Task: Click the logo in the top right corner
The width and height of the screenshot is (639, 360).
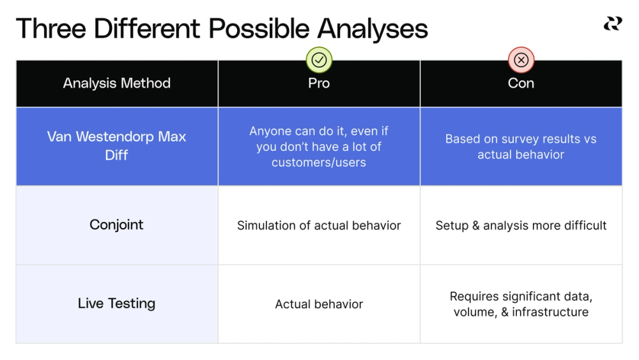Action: click(612, 24)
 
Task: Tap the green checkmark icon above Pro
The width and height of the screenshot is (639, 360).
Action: click(319, 60)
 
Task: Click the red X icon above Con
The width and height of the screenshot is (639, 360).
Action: click(521, 60)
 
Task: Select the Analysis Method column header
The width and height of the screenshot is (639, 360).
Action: click(117, 83)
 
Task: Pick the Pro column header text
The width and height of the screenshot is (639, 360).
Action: click(319, 83)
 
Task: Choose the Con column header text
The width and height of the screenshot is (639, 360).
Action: click(521, 83)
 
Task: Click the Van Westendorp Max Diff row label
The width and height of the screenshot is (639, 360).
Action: click(117, 146)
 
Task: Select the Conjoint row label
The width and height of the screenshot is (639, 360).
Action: click(117, 225)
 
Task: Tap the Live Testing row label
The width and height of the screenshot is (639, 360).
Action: click(117, 304)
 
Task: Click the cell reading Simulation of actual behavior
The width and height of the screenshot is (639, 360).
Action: click(319, 226)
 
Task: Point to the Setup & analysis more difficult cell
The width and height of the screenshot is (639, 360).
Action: click(521, 226)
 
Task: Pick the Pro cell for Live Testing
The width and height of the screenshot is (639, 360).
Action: click(319, 304)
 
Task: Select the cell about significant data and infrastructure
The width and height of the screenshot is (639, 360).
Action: click(521, 304)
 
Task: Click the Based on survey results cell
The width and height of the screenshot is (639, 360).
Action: click(521, 146)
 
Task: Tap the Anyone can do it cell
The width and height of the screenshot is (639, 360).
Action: click(319, 146)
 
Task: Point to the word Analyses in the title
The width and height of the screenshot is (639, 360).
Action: click(373, 29)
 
